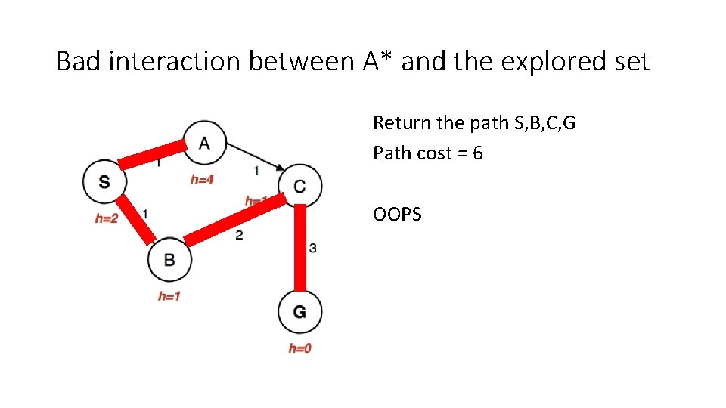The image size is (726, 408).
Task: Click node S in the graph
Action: (x=104, y=182)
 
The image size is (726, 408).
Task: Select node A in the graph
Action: (x=204, y=142)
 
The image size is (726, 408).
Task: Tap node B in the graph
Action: (x=169, y=260)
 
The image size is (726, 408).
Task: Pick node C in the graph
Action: (x=299, y=185)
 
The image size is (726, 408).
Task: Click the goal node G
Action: (x=299, y=311)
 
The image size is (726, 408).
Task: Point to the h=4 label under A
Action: (x=201, y=180)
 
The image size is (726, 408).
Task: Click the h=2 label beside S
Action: (x=106, y=218)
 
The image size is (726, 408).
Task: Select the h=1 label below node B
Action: (x=169, y=296)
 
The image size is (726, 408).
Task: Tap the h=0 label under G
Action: (x=299, y=348)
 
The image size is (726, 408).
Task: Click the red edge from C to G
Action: (x=300, y=248)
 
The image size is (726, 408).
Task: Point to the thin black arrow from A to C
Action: (x=254, y=156)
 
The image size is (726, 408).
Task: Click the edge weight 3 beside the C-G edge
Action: (x=313, y=248)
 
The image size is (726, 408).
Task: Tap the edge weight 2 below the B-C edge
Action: (x=238, y=236)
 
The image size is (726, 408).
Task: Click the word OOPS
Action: (x=397, y=215)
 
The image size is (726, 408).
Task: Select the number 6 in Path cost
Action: (x=477, y=153)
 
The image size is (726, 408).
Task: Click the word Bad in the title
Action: (x=79, y=61)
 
